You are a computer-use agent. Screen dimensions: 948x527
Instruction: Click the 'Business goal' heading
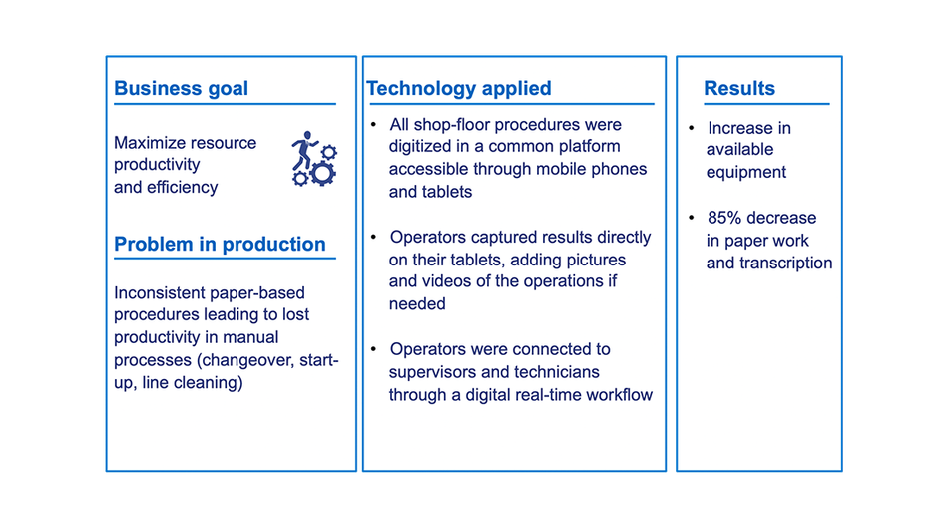(181, 89)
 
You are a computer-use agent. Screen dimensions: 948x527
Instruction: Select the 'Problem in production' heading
(220, 244)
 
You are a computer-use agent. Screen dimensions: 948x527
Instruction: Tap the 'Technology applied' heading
(459, 89)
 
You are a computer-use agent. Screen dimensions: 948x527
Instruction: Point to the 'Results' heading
(739, 89)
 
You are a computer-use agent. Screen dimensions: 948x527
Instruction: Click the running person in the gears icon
(303, 150)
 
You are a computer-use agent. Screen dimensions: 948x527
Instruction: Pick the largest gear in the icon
(323, 173)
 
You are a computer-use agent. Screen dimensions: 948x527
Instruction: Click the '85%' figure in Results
(724, 218)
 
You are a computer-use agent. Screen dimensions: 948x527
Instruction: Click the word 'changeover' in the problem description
(247, 360)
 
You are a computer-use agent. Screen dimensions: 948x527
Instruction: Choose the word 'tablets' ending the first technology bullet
(447, 192)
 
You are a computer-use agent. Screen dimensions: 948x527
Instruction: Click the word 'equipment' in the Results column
(746, 173)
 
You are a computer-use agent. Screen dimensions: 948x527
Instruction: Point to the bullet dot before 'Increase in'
(692, 128)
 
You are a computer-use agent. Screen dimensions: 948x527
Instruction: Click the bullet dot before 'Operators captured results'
(373, 237)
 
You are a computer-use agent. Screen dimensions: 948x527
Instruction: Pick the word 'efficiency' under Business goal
(182, 188)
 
